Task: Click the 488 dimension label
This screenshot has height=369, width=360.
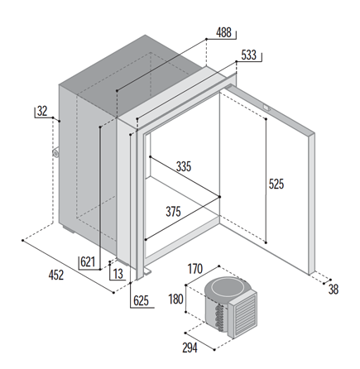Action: click(x=223, y=32)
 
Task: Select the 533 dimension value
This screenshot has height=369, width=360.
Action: click(x=248, y=55)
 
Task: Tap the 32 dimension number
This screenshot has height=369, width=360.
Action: click(x=42, y=111)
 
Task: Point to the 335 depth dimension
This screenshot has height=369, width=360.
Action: click(x=184, y=166)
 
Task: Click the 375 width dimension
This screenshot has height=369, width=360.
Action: click(x=173, y=212)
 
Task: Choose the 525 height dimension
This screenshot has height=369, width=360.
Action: click(x=276, y=184)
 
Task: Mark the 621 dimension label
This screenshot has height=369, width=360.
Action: click(x=88, y=261)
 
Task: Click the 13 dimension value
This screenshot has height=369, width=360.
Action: click(x=118, y=274)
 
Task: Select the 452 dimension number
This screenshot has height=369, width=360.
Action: click(x=56, y=275)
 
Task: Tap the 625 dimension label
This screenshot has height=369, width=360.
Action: click(x=141, y=300)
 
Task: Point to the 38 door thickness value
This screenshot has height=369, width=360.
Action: click(x=334, y=290)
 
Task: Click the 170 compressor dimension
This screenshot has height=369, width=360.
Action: click(x=195, y=269)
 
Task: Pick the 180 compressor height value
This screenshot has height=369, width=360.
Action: click(x=175, y=300)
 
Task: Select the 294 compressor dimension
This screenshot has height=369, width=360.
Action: click(x=190, y=348)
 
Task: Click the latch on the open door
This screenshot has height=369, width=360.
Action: click(x=266, y=108)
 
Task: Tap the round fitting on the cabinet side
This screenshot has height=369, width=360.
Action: click(x=56, y=153)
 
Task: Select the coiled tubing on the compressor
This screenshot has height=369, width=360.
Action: click(x=220, y=317)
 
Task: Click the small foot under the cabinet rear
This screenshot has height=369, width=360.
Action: click(x=68, y=230)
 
